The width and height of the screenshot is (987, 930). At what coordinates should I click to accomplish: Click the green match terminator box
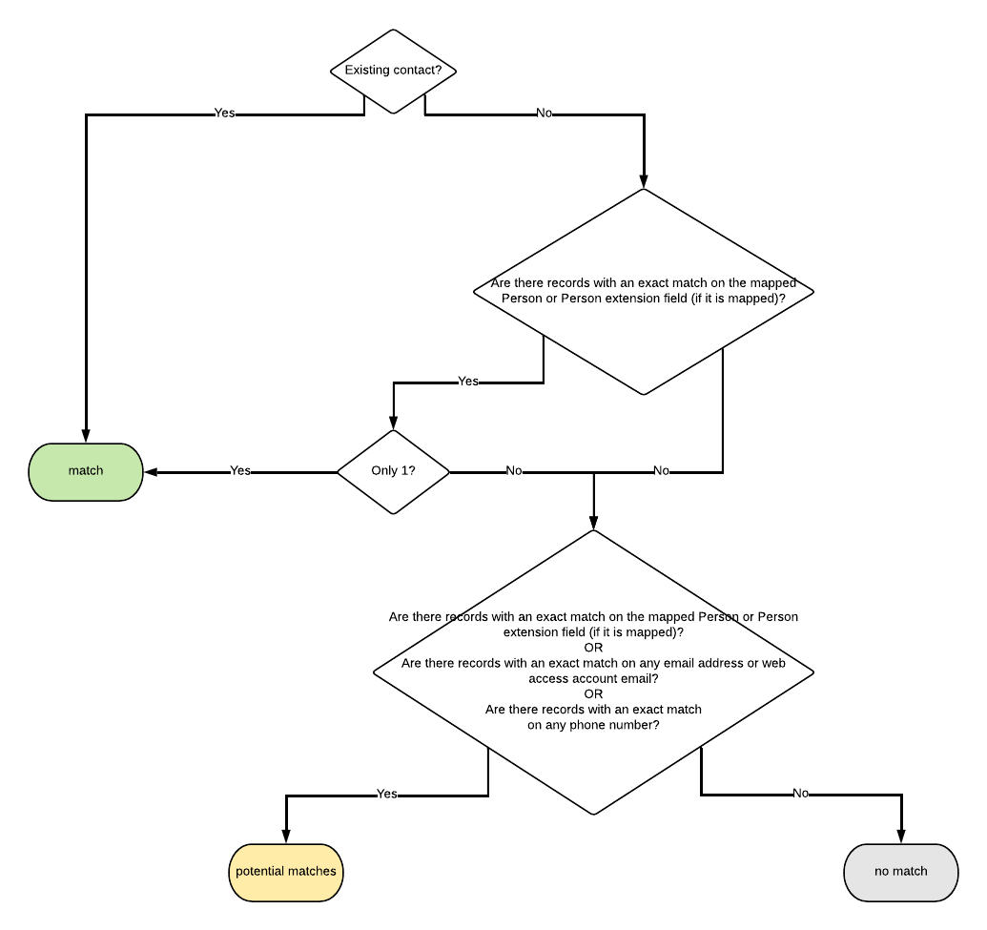[x=86, y=471]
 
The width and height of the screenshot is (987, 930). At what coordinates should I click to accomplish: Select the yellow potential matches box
[x=285, y=872]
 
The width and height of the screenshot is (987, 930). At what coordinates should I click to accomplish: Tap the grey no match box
[x=900, y=872]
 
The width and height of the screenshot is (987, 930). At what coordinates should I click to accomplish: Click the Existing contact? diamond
[x=393, y=71]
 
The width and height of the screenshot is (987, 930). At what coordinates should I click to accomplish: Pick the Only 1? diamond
[x=393, y=471]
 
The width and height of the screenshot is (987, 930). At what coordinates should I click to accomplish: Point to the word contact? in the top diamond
[x=419, y=71]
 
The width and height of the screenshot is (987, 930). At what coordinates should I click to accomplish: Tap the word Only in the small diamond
[x=384, y=471]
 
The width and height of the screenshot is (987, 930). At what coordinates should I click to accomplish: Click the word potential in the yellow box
[x=260, y=872]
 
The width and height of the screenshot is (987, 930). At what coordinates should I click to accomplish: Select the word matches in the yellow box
[x=312, y=872]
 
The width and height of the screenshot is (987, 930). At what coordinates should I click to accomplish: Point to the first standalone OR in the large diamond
[x=593, y=648]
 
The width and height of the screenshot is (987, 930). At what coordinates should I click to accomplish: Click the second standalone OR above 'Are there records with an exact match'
[x=593, y=693]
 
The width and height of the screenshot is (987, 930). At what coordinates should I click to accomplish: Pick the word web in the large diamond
[x=773, y=663]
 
